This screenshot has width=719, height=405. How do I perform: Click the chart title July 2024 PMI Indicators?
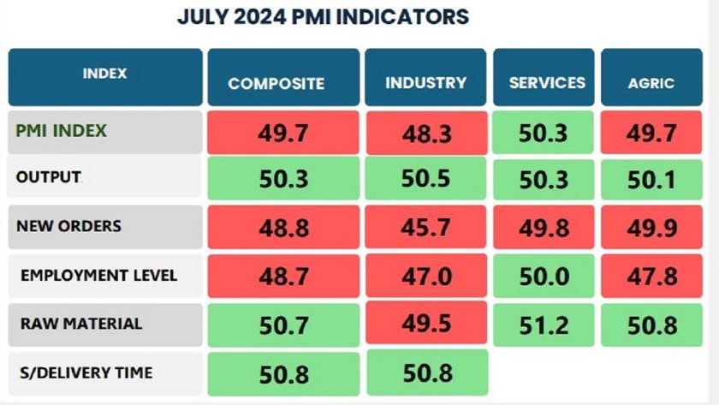[x=323, y=17]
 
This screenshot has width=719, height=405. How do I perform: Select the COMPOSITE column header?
[x=276, y=83]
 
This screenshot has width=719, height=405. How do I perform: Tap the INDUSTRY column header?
[x=425, y=82]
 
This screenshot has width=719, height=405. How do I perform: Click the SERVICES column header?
[x=547, y=82]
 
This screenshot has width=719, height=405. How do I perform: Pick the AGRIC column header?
[x=651, y=83]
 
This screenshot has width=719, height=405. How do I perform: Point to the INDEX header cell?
[x=104, y=74]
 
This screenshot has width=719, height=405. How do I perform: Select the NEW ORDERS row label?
[x=68, y=226]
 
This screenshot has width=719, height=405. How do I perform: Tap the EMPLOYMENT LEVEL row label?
[x=98, y=275]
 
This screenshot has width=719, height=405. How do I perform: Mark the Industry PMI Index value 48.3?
[x=425, y=134]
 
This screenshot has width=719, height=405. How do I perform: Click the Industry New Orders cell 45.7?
[x=425, y=228]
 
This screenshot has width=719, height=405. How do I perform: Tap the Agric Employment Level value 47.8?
[x=652, y=276]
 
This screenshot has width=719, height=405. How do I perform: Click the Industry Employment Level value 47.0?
[x=425, y=277]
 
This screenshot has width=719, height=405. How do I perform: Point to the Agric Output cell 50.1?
[x=652, y=180]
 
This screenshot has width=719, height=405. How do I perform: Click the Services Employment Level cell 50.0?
[x=547, y=276]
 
